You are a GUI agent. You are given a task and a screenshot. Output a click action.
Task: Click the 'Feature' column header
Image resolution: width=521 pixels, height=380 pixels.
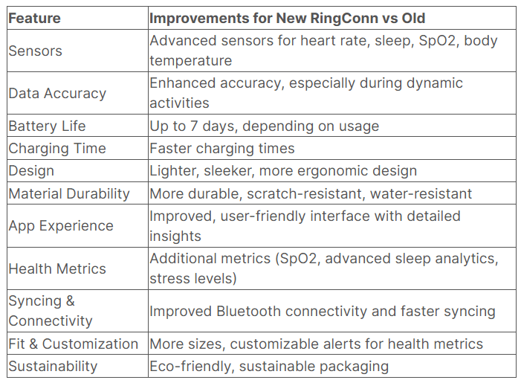34,17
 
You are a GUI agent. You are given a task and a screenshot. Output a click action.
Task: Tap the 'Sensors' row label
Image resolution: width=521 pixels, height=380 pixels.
35,51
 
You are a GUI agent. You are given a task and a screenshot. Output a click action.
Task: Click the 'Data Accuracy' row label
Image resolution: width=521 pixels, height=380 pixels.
57,93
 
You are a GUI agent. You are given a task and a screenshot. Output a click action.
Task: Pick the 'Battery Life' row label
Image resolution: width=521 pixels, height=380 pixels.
47,126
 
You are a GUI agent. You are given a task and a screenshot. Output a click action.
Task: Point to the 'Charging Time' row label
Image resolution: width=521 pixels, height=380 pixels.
57,148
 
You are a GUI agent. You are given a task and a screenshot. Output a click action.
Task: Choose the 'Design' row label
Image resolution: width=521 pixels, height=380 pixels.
31,170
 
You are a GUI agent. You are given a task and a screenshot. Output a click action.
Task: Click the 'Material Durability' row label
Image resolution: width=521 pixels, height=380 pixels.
69,193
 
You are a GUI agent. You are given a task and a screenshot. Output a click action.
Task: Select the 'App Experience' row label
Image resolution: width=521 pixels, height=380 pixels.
61,225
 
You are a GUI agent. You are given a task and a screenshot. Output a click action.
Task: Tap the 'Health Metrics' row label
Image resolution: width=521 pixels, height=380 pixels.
57,268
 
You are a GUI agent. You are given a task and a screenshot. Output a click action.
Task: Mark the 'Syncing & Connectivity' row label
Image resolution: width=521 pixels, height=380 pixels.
51,311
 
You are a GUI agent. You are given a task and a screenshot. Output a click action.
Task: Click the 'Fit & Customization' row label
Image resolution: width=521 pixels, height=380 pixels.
74,344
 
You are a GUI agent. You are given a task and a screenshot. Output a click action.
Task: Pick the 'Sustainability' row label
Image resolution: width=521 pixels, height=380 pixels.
53,366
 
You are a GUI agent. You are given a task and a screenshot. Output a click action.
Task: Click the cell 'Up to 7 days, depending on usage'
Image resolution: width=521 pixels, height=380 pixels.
264,126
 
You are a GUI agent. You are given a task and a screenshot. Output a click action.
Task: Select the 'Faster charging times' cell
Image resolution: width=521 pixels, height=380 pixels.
222,148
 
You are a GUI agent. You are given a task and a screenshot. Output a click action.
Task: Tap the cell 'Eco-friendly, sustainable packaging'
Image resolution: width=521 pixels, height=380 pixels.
269,366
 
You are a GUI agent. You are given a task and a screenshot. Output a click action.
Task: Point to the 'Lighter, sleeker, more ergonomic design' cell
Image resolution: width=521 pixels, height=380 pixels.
283,170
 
